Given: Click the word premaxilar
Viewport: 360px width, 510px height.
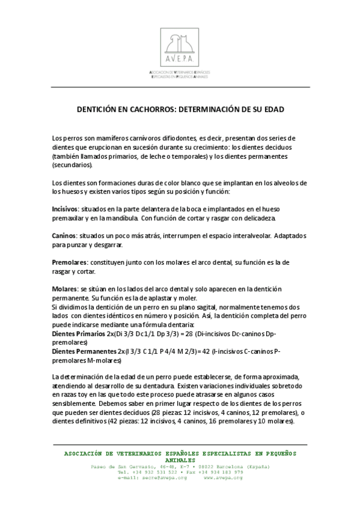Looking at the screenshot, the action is point(71,218).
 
